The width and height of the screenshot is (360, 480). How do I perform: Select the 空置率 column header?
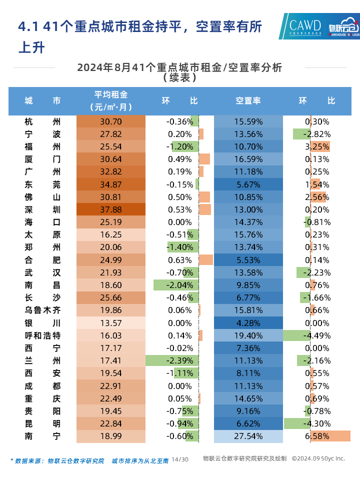click(x=248, y=100)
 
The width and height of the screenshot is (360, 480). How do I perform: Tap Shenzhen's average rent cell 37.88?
click(x=111, y=209)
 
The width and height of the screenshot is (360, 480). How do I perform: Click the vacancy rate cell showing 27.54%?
click(x=248, y=436)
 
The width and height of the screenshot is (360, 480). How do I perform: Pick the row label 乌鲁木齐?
click(x=42, y=310)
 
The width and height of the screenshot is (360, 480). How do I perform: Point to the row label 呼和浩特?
click(x=42, y=335)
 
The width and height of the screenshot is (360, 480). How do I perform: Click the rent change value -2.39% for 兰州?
click(x=179, y=360)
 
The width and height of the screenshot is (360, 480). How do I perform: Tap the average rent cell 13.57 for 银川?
click(x=111, y=323)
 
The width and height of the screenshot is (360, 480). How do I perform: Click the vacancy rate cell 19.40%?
click(x=248, y=335)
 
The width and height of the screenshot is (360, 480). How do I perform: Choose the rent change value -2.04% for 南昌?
click(x=179, y=285)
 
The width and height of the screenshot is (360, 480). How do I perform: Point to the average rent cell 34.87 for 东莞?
click(x=111, y=184)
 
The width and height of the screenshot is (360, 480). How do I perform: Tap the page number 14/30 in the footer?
click(x=180, y=459)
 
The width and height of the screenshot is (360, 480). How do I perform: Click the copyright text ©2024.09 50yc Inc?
click(x=318, y=458)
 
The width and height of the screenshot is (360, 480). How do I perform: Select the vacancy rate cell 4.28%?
click(x=248, y=323)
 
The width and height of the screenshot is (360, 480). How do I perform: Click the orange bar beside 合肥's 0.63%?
click(x=205, y=260)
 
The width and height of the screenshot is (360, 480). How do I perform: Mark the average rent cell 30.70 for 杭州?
click(x=111, y=121)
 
